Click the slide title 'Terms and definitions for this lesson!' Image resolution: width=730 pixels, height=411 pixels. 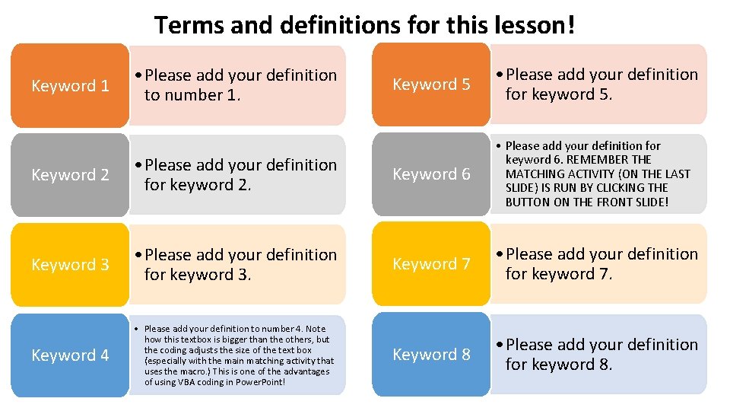click(x=365, y=25)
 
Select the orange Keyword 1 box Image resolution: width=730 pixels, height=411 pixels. click(x=70, y=85)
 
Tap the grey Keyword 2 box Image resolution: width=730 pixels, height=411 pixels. click(x=70, y=175)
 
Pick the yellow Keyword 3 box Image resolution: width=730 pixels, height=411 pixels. click(x=70, y=265)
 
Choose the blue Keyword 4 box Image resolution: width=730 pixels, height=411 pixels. click(x=70, y=355)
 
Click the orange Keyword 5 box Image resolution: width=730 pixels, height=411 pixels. click(x=431, y=84)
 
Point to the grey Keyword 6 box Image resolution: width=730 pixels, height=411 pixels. click(x=431, y=174)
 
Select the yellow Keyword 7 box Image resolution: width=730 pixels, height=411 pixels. click(x=431, y=264)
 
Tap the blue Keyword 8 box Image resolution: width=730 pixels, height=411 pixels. click(x=431, y=355)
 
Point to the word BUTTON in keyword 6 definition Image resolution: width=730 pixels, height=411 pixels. click(x=528, y=202)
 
